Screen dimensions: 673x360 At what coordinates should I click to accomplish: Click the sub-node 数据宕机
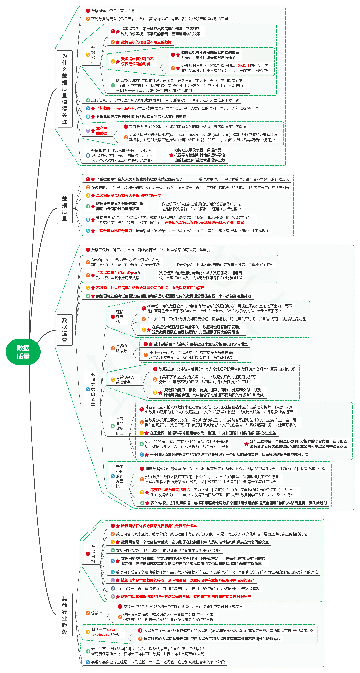[x=93, y=55]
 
